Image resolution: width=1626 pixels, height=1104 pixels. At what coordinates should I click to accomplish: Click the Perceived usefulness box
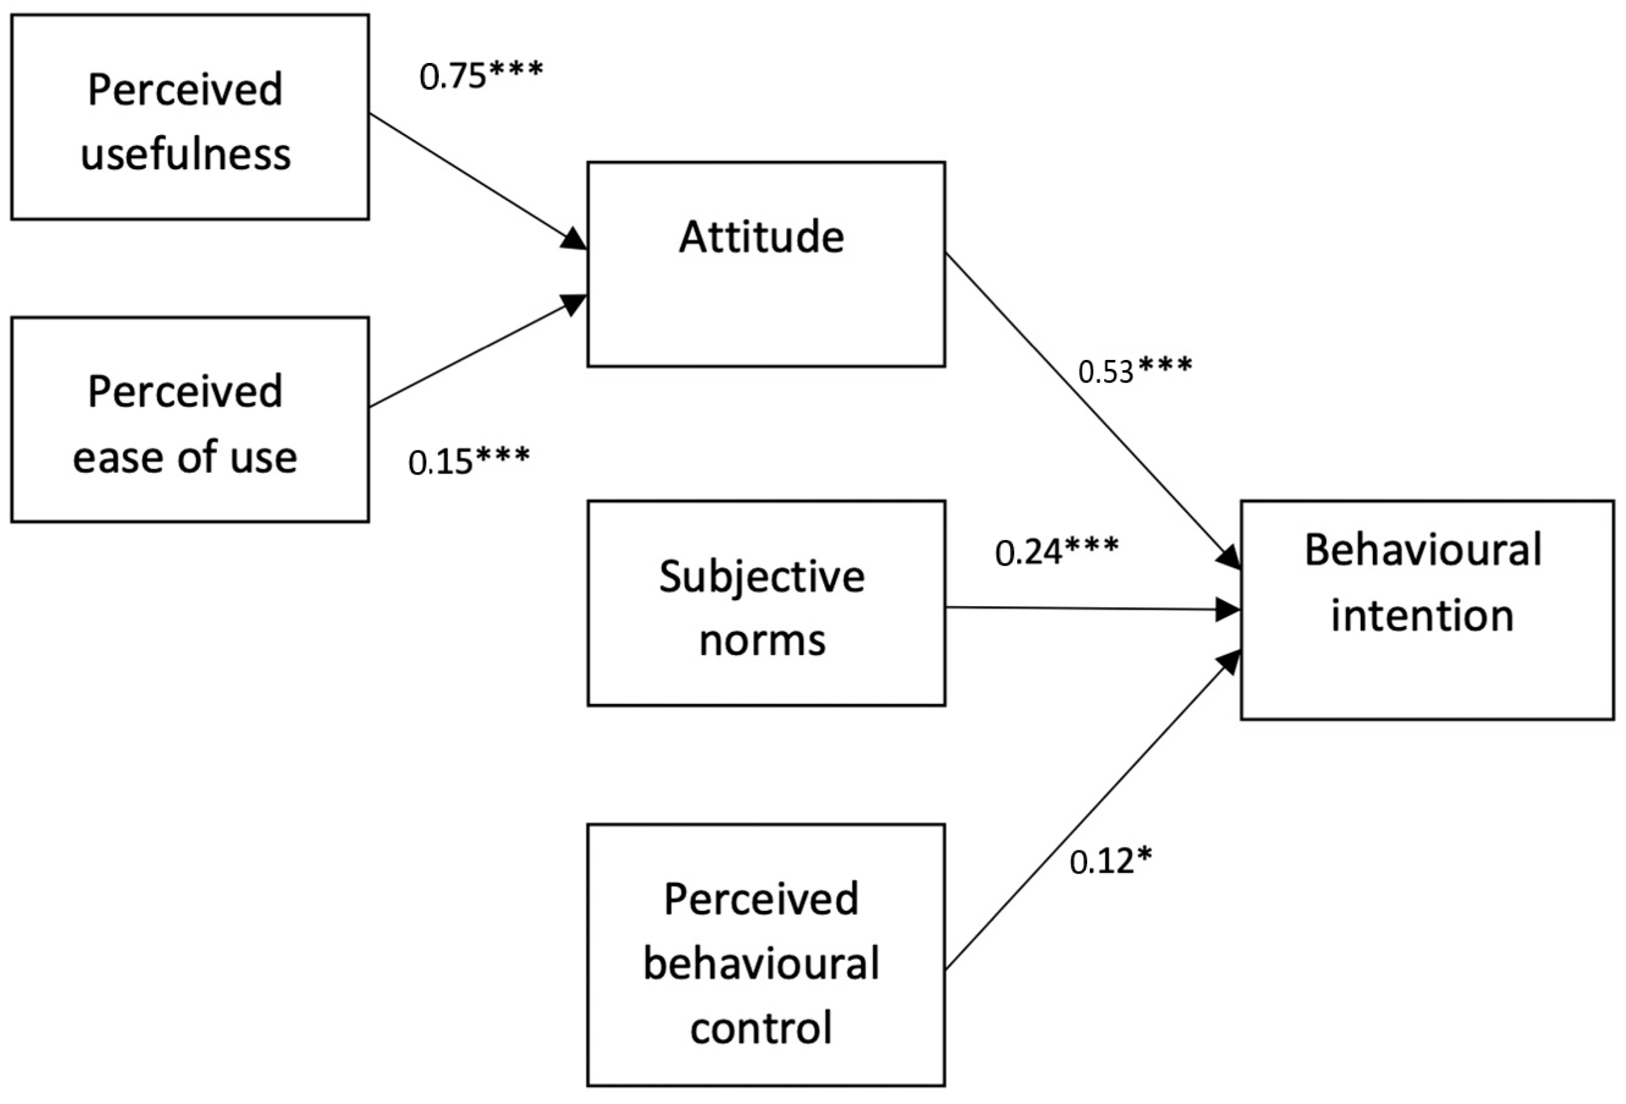(x=189, y=117)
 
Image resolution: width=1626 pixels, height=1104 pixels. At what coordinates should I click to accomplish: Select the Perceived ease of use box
(x=189, y=420)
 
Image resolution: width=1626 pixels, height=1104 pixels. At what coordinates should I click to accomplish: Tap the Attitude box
(x=766, y=265)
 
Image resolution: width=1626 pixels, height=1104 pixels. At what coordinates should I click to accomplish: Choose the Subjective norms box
(x=766, y=603)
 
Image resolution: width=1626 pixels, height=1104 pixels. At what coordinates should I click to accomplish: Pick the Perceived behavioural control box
(x=766, y=955)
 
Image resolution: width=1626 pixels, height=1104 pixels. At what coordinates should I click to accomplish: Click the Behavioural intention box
(x=1427, y=610)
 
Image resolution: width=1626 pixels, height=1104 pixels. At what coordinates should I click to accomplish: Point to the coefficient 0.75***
(x=481, y=76)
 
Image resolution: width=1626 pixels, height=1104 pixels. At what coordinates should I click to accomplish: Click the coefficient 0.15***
(x=468, y=461)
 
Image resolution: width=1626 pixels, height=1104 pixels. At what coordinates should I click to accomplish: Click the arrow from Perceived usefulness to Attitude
(x=476, y=180)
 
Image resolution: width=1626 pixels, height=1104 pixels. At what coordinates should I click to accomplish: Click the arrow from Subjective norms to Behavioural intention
(x=1092, y=609)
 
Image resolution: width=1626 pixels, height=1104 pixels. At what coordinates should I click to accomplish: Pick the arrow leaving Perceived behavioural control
(x=1092, y=811)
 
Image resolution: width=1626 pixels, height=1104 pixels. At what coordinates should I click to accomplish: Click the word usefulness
(x=186, y=154)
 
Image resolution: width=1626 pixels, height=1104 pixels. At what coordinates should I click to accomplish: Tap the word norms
(x=763, y=640)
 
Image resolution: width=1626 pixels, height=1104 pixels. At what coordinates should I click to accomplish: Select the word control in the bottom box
(x=761, y=1027)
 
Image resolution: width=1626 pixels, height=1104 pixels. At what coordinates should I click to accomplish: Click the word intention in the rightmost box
(x=1423, y=616)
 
